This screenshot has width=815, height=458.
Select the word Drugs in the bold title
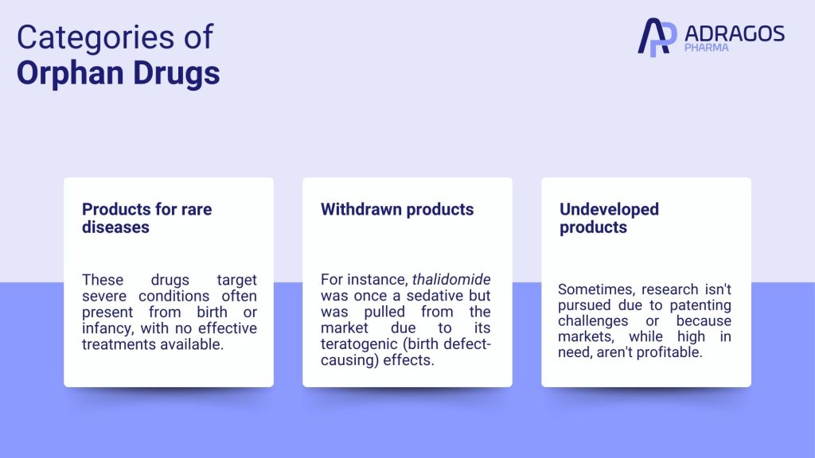point(176,73)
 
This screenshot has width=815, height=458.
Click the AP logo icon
point(657,37)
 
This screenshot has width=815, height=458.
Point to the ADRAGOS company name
point(735,33)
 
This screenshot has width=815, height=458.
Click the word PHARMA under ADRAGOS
point(707,48)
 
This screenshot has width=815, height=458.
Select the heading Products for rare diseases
point(147,218)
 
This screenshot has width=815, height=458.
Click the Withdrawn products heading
point(397,209)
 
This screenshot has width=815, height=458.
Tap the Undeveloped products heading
point(609,218)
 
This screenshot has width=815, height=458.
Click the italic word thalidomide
point(451,279)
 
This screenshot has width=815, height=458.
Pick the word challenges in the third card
point(593,321)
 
